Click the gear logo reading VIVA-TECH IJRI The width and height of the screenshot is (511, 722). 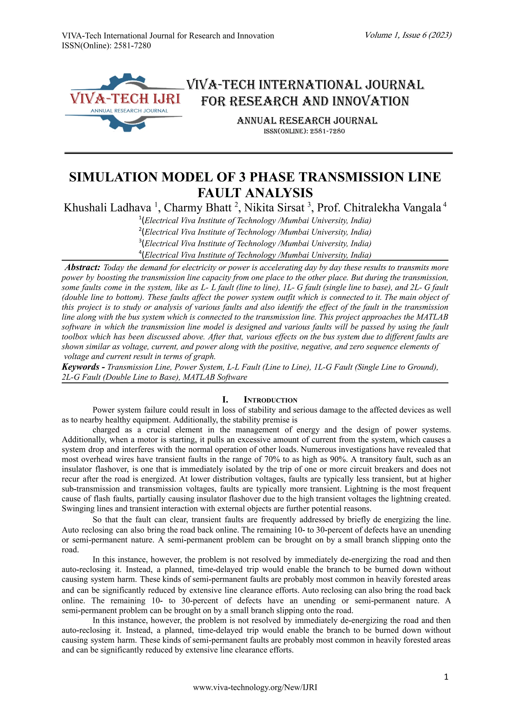coord(125,101)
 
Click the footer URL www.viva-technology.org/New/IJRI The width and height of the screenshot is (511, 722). coord(255,696)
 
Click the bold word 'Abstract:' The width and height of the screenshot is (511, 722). coord(82,268)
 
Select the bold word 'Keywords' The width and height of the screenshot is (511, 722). coord(81,367)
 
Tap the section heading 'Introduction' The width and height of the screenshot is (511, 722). coord(271,400)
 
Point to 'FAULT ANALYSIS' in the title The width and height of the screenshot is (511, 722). coord(255,192)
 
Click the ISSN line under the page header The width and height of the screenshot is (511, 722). coord(106,46)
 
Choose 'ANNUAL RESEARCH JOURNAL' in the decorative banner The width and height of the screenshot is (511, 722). coord(307,121)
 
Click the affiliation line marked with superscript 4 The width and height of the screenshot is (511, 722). coord(255,255)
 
